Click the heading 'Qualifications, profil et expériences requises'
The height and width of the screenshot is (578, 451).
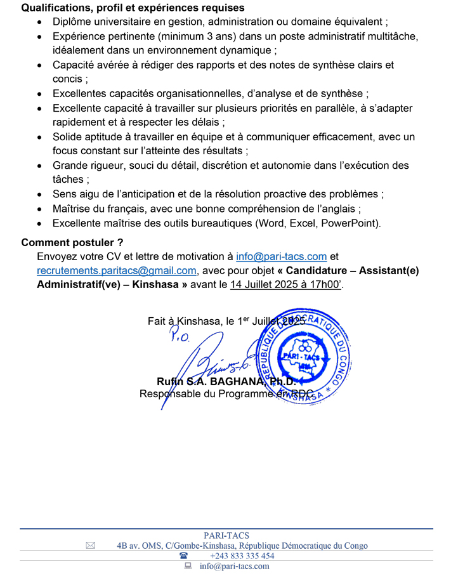pos(133,8)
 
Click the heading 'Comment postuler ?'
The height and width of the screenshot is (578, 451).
pos(72,242)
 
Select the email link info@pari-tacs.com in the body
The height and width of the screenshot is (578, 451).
pos(281,256)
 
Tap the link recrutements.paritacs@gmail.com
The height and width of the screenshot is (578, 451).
pos(117,270)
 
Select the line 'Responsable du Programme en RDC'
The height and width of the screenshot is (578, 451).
pos(226,394)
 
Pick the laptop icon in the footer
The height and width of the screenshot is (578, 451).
pos(188,566)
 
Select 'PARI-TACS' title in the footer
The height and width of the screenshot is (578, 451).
pos(226,535)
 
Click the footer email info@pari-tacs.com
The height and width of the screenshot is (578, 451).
pos(234,566)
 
